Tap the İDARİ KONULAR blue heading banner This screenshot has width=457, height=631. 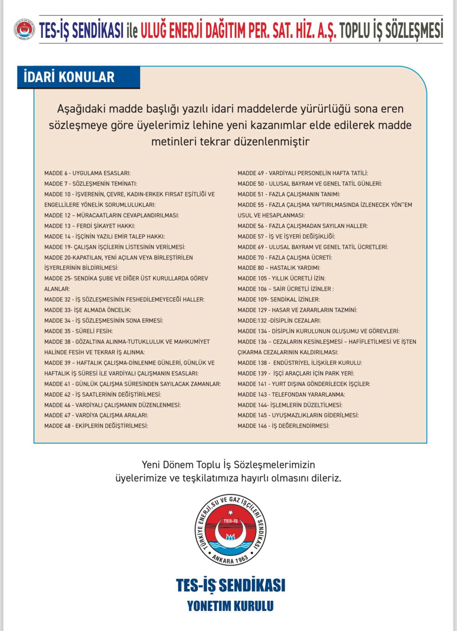pyautogui.click(x=78, y=77)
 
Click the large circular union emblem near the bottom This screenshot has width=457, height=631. pyautogui.click(x=230, y=530)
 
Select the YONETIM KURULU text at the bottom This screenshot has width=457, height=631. pyautogui.click(x=230, y=606)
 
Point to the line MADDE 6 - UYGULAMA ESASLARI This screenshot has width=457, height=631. pyautogui.click(x=87, y=173)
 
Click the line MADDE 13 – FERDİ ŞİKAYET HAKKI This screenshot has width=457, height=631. pyautogui.click(x=90, y=226)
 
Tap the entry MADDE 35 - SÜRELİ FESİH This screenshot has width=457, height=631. pyautogui.click(x=79, y=331)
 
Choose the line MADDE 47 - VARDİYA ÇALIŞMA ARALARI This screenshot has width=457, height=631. pyautogui.click(x=96, y=415)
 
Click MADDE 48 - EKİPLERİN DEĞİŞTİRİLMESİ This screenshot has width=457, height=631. pyautogui.click(x=96, y=426)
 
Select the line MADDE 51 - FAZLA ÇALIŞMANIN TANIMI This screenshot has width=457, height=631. pyautogui.click(x=289, y=194)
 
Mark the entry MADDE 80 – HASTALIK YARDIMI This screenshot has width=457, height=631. pyautogui.click(x=279, y=268)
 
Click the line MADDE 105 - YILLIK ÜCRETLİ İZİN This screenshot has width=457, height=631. pyautogui.click(x=282, y=279)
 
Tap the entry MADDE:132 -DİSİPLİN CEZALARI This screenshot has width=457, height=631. pyautogui.click(x=279, y=320)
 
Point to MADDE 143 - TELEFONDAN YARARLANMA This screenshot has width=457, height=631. pyautogui.click(x=291, y=394)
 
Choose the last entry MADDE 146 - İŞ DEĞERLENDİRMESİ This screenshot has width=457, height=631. pyautogui.click(x=284, y=426)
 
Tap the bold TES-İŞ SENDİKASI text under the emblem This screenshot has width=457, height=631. pyautogui.click(x=230, y=585)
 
